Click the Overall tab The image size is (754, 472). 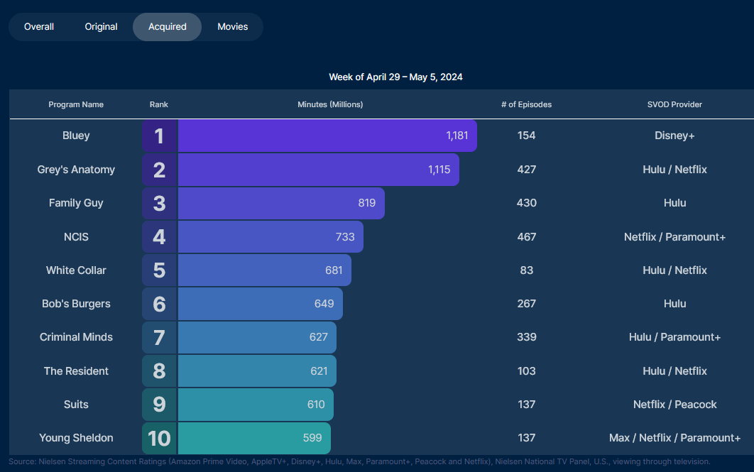(39, 27)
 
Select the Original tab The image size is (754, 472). (101, 27)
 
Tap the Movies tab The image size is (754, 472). (233, 27)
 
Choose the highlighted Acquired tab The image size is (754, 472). (168, 27)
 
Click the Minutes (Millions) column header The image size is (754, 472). (330, 104)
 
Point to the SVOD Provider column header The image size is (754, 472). (674, 104)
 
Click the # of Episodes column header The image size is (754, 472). (526, 104)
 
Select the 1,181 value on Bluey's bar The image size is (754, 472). (457, 136)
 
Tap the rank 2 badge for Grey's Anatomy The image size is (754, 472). (159, 170)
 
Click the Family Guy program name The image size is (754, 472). (76, 203)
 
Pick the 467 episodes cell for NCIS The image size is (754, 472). (526, 236)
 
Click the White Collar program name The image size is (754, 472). (76, 270)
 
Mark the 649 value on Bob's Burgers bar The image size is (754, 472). (324, 304)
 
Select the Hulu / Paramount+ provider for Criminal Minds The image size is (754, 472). (674, 337)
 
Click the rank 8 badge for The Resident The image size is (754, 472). (159, 371)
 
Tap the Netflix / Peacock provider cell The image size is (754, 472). (674, 405)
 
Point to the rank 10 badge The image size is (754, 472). (159, 438)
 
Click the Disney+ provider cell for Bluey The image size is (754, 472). (674, 136)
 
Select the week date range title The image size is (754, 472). (395, 77)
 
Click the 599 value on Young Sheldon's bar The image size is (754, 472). (312, 438)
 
